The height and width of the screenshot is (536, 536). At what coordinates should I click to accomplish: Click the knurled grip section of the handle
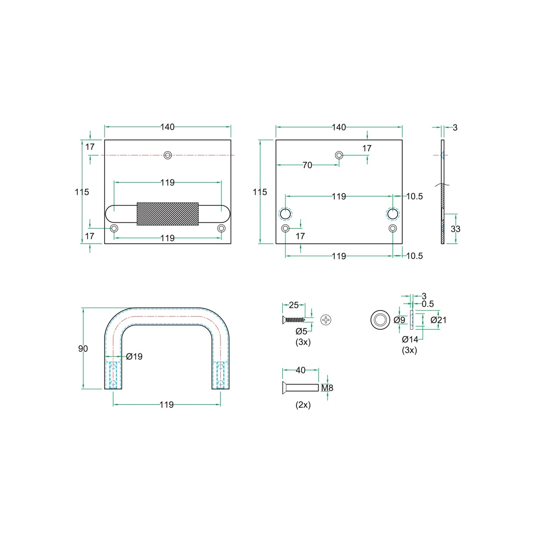point(167,214)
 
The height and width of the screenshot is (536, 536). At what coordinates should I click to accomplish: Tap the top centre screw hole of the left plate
point(167,155)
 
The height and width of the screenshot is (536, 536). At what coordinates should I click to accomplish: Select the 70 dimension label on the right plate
point(307,165)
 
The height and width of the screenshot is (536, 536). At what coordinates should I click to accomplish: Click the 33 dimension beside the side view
point(455,229)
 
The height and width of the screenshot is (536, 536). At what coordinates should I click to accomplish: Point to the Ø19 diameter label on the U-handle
point(134,356)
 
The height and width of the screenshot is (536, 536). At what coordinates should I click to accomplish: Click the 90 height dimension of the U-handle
point(83,348)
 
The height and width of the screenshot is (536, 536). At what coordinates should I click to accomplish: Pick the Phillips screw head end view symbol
point(326,320)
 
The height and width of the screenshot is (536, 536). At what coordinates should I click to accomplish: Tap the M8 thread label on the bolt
point(327,388)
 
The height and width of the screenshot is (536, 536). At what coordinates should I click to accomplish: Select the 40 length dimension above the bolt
point(301,370)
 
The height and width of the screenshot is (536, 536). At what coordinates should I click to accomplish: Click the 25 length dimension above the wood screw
point(294,305)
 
